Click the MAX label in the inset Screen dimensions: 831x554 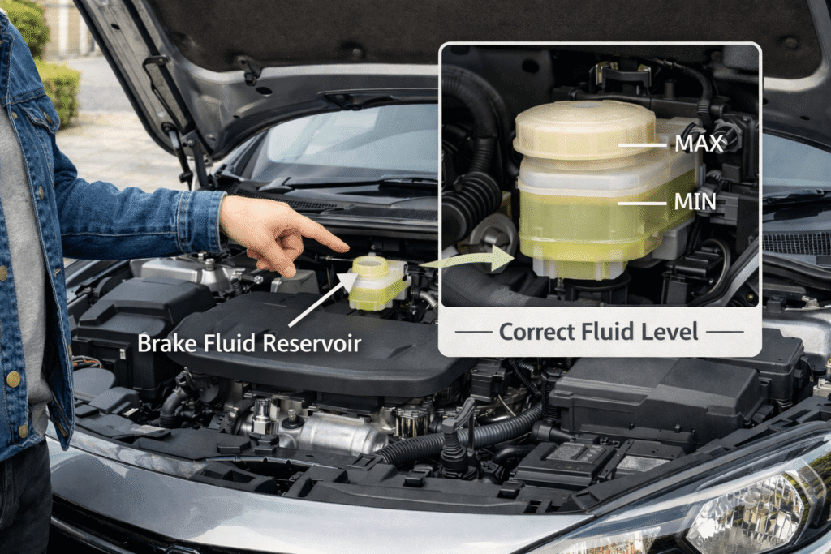[699, 144]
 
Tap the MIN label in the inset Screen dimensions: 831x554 [695, 202]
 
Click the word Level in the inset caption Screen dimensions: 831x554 [670, 332]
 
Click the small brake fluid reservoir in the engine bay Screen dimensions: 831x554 [378, 282]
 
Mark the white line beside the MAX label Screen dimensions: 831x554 [642, 144]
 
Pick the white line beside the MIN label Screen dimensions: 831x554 [642, 203]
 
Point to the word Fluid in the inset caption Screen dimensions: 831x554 [608, 332]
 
